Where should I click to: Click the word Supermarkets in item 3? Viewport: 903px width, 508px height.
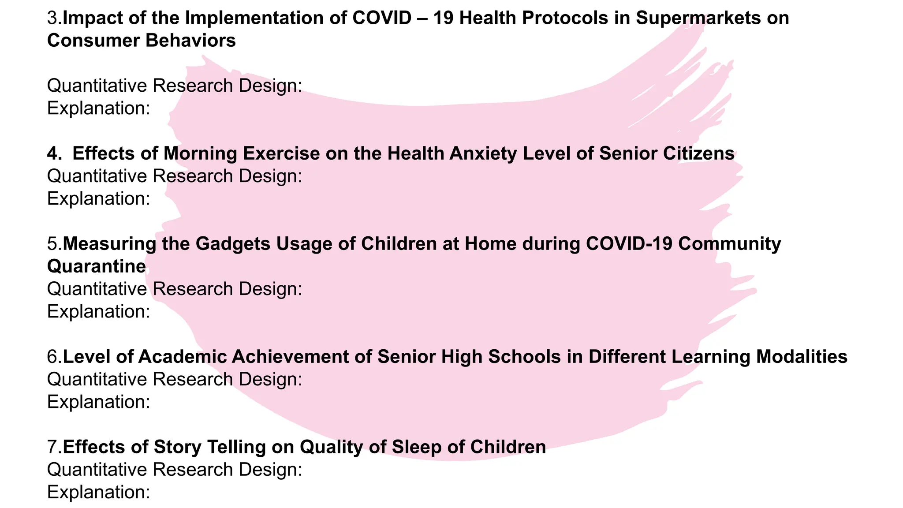[x=698, y=18]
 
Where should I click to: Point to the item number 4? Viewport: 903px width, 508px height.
[x=54, y=153]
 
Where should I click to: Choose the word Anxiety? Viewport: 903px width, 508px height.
[x=483, y=153]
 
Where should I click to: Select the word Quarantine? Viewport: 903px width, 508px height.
[x=97, y=266]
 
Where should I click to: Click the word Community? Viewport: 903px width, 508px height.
[x=729, y=244]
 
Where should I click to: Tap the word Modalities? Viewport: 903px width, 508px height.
[x=802, y=357]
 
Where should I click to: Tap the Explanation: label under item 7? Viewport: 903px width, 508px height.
[x=99, y=492]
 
